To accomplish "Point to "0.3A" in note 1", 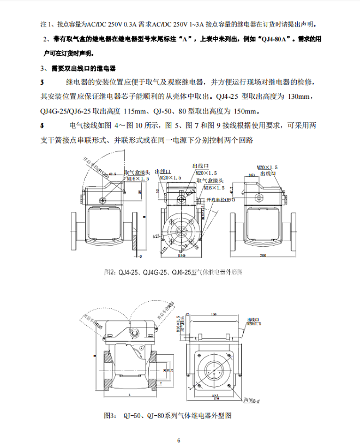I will (130, 25).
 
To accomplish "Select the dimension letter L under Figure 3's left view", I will (126, 393).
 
